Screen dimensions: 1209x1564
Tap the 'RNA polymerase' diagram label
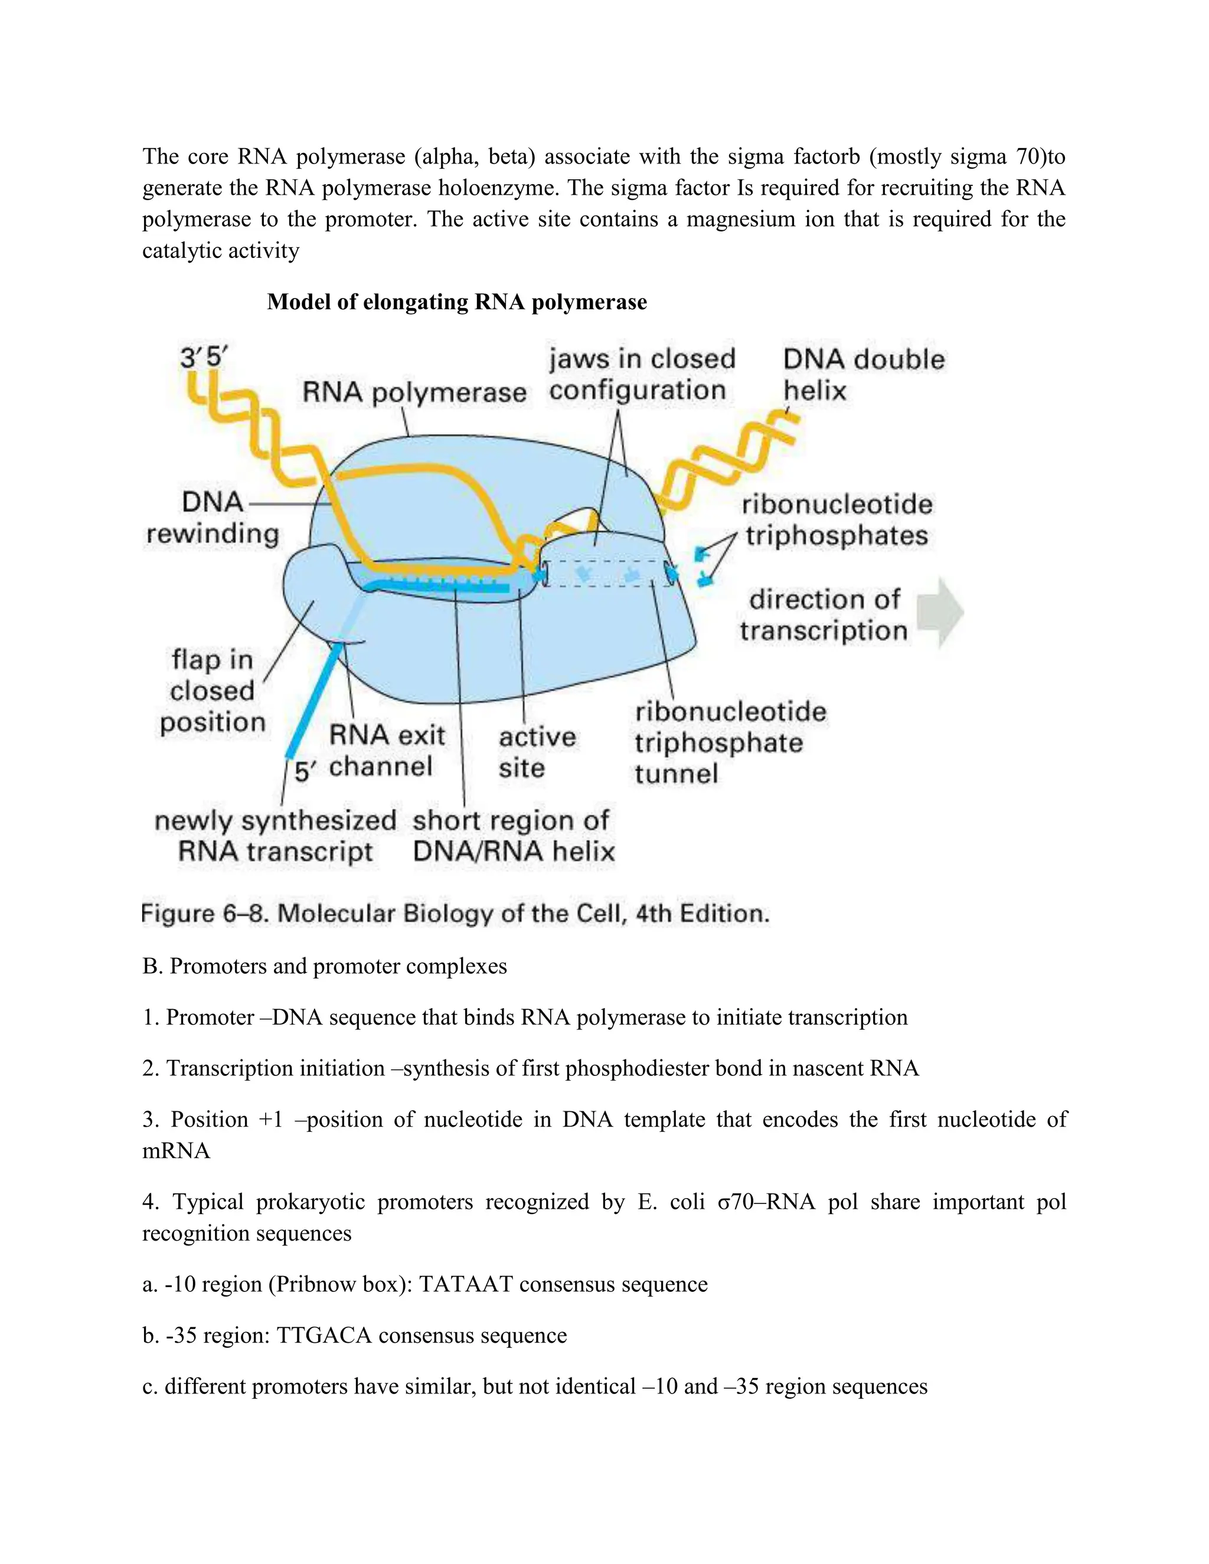[414, 392]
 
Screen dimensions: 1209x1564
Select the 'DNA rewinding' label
[212, 518]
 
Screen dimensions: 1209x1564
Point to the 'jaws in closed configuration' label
[641, 375]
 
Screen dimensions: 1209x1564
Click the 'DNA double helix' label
[863, 375]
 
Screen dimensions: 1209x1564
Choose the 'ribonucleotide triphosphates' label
[837, 520]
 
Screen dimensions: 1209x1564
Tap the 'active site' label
[537, 752]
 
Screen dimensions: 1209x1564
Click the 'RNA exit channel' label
[386, 751]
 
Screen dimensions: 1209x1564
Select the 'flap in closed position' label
[212, 691]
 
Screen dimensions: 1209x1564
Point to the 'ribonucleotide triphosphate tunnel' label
[730, 742]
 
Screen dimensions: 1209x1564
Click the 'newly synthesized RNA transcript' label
[275, 836]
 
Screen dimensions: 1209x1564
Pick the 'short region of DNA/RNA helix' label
[513, 836]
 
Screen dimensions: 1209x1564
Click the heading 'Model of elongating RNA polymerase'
[456, 302]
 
